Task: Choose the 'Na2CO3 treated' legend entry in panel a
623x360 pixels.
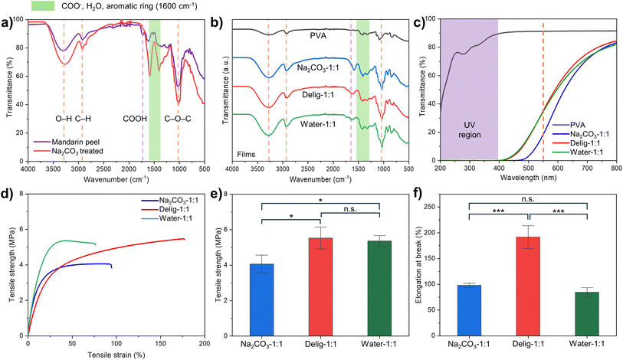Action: [x=84, y=152]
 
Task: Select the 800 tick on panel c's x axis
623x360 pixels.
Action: [x=612, y=167]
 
